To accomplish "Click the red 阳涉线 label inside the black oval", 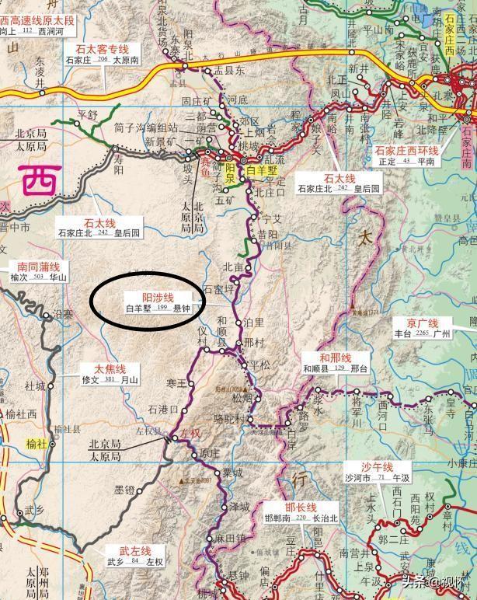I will (x=158, y=297).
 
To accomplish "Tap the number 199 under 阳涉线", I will (x=162, y=309).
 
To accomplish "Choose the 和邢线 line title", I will (x=335, y=357).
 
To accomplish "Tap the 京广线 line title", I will (x=423, y=323).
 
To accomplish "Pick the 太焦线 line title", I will (x=110, y=368).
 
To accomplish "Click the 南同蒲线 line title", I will (x=33, y=266).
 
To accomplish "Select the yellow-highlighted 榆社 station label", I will (x=37, y=444).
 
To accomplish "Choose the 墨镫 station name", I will (x=124, y=490).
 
